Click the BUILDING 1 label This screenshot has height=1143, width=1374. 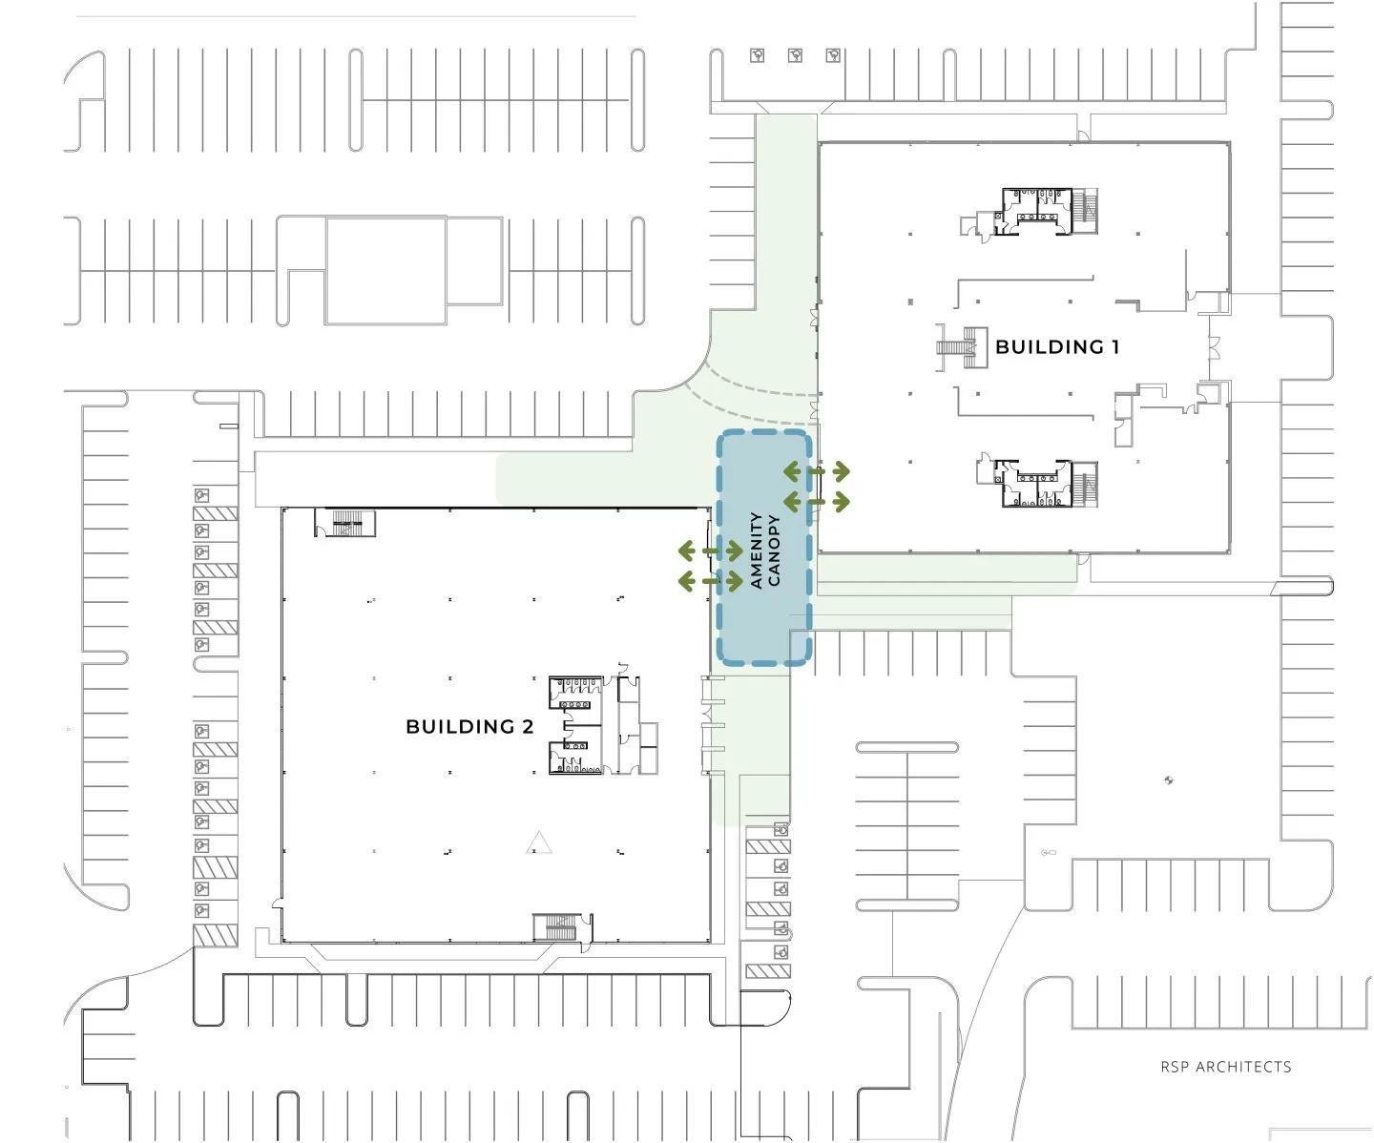[1056, 346]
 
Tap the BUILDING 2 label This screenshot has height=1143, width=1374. [469, 726]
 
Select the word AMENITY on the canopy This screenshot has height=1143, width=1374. [757, 551]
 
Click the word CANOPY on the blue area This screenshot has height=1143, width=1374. [774, 551]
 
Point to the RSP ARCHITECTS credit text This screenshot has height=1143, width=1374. [1225, 1067]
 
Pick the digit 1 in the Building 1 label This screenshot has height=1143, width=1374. [1114, 346]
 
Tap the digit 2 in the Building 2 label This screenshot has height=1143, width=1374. [527, 726]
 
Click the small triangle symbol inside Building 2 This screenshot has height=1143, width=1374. [539, 842]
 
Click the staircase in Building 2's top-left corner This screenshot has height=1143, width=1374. [345, 523]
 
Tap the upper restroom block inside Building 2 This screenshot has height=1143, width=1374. [575, 693]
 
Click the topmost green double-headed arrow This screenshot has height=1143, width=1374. [817, 470]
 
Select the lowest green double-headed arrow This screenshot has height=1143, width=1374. [710, 580]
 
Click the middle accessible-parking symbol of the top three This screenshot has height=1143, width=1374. [795, 56]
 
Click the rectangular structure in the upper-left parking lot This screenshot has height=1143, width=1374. [385, 270]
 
